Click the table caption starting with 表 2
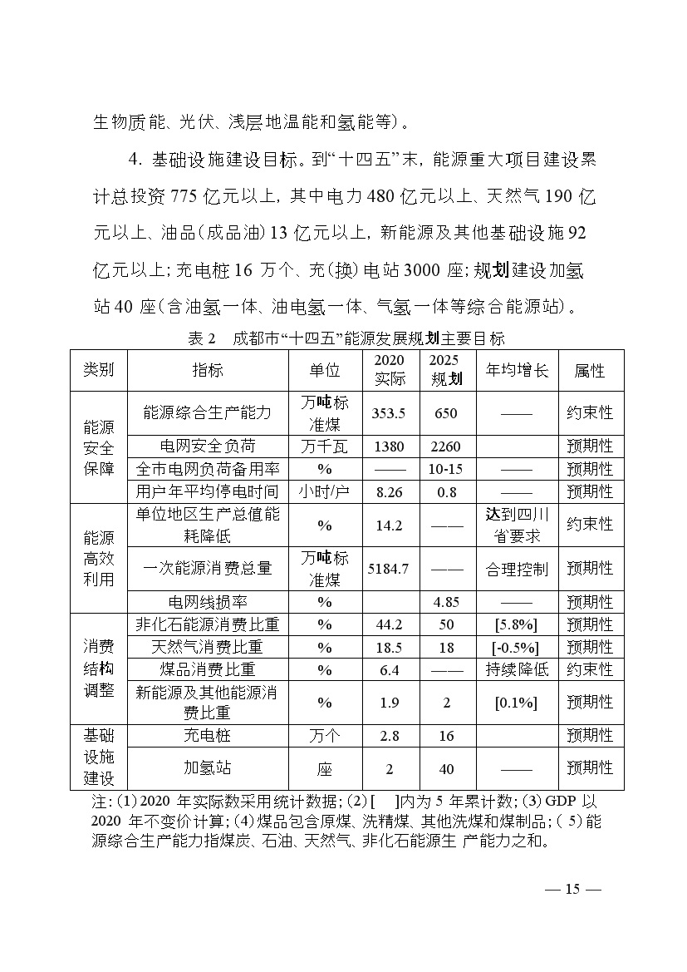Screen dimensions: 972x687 [346, 339]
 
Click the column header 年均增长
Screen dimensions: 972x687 [516, 371]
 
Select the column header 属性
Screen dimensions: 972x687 [590, 371]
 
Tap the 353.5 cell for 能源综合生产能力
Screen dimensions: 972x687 [389, 413]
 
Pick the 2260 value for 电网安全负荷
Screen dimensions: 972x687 [446, 447]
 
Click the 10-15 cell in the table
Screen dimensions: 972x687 [446, 469]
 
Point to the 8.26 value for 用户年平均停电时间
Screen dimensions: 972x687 [389, 491]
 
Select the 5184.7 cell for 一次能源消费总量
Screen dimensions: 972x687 [389, 569]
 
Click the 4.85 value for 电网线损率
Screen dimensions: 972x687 [446, 602]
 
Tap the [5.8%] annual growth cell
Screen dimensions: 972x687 [516, 624]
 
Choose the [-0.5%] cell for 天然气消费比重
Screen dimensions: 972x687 [516, 647]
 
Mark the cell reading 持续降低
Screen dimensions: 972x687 [516, 669]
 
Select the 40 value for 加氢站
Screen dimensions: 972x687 [446, 769]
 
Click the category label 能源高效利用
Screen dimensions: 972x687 [99, 558]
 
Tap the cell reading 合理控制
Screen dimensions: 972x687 [516, 569]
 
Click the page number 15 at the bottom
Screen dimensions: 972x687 [572, 889]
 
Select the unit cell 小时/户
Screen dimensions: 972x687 [324, 491]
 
